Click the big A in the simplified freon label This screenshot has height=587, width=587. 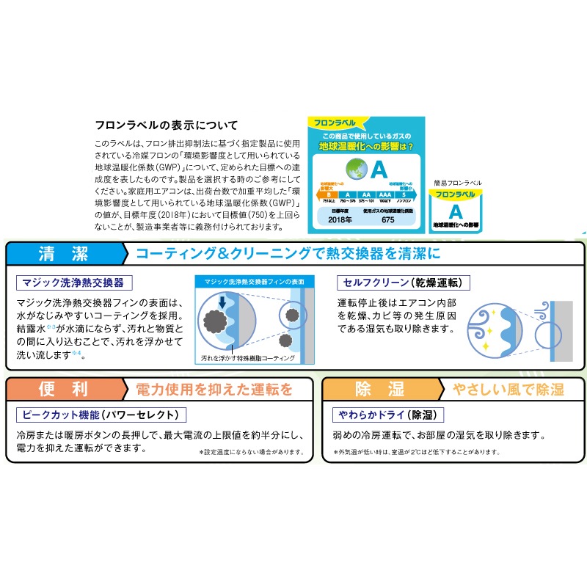pyautogui.click(x=455, y=211)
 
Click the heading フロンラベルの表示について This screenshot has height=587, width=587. pyautogui.click(x=168, y=125)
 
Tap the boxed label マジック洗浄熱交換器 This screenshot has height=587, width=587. pyautogui.click(x=75, y=282)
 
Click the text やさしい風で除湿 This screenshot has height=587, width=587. pyautogui.click(x=506, y=388)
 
